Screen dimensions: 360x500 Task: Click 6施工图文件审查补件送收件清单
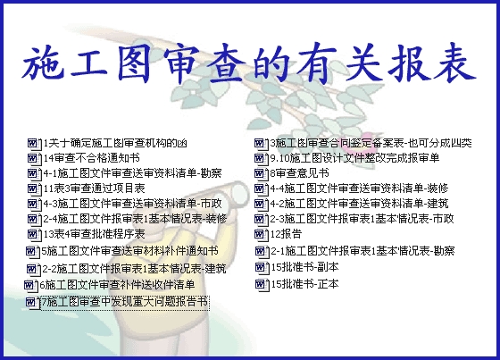[117, 285]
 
